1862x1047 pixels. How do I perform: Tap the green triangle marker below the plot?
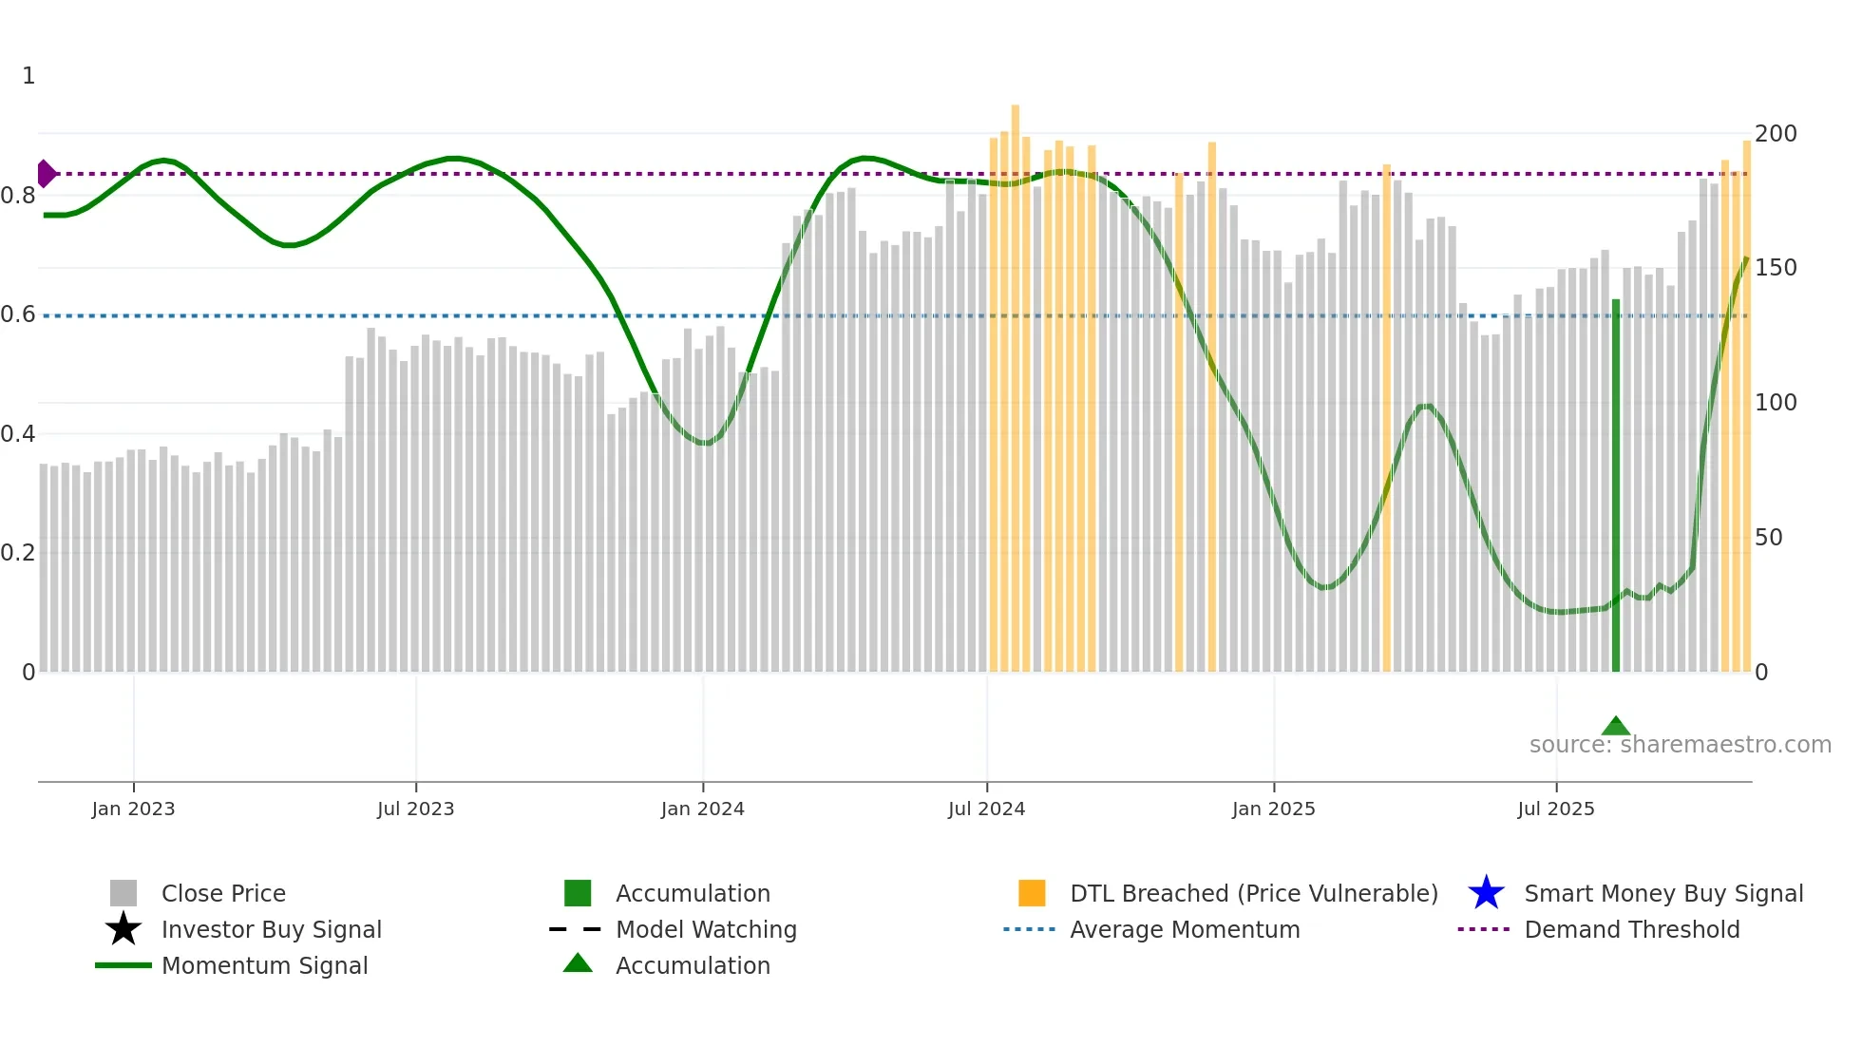tap(1615, 727)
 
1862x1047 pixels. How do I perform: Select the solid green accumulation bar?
tap(1615, 485)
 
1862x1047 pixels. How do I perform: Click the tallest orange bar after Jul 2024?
tap(1015, 380)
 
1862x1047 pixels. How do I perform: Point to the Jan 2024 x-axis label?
tap(702, 809)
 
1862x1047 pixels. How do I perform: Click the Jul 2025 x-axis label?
tap(1555, 809)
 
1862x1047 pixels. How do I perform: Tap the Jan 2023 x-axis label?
tap(133, 809)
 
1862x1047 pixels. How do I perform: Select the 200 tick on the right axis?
tap(1775, 134)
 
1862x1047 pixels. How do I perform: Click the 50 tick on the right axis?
tap(1768, 538)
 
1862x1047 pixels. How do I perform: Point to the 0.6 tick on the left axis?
tap(18, 314)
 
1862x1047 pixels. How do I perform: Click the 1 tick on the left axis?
tap(28, 76)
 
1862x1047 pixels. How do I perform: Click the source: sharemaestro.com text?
tap(1680, 745)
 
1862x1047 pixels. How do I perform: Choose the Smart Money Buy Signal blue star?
tap(1486, 893)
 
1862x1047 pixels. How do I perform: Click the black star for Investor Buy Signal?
tap(123, 929)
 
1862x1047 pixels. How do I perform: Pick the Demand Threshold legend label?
tap(1631, 929)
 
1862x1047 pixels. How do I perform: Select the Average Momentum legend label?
tap(1184, 929)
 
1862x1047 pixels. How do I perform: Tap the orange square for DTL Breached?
tap(1032, 893)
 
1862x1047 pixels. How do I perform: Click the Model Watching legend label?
tap(706, 929)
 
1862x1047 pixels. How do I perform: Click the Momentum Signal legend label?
tap(264, 965)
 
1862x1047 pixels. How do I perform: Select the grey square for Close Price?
tap(123, 893)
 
